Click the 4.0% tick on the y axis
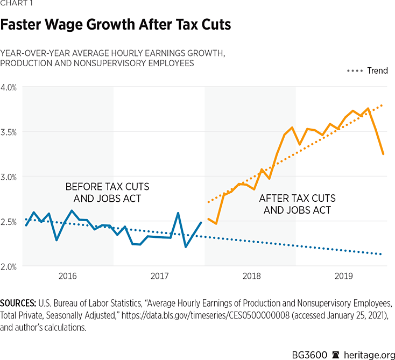click(x=10, y=87)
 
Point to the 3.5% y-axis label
click(x=10, y=132)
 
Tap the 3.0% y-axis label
click(x=10, y=177)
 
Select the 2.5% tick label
click(x=10, y=222)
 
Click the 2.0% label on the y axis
click(x=10, y=266)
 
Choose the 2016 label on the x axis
click(x=68, y=277)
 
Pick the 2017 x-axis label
click(x=159, y=277)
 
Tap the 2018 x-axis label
click(x=251, y=277)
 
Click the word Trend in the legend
click(x=377, y=71)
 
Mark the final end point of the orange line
click(x=383, y=154)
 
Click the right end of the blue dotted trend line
click(x=383, y=255)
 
